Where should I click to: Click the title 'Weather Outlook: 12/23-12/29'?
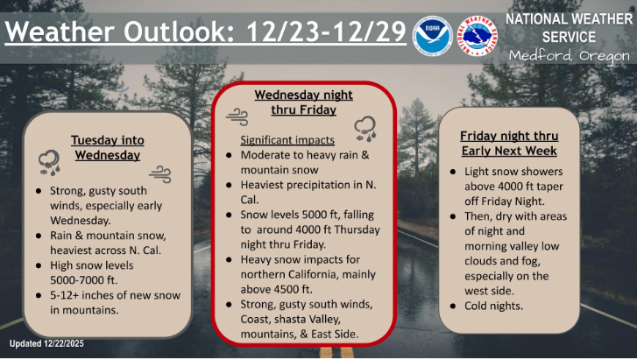pos(206,32)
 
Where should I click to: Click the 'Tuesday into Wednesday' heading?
pos(107,147)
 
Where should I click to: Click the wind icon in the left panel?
pos(159,172)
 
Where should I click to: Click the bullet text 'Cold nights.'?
pos(496,306)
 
